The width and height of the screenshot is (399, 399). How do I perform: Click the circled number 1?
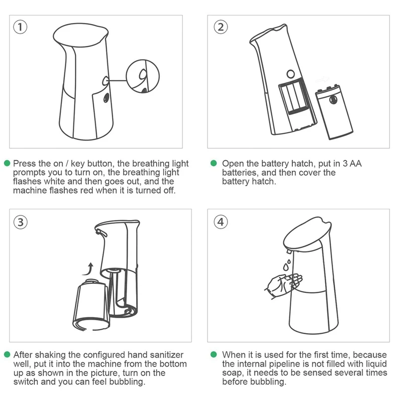(20, 27)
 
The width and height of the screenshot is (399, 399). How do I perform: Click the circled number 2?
(220, 27)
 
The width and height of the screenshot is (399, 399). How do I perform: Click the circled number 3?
(20, 222)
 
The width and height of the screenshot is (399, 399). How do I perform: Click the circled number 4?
(220, 222)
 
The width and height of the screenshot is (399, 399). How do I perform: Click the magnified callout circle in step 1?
(127, 76)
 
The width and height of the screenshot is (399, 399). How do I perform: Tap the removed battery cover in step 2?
(334, 112)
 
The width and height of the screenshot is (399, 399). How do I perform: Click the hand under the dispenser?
(282, 285)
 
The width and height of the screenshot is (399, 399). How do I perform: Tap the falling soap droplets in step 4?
(287, 265)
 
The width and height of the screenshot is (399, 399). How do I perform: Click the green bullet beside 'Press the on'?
(7, 163)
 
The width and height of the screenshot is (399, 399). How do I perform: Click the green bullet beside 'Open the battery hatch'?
(214, 163)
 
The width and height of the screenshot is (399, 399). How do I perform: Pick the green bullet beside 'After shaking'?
(7, 354)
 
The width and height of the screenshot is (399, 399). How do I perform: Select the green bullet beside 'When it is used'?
(214, 354)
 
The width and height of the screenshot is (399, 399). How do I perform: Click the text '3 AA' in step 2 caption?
(352, 164)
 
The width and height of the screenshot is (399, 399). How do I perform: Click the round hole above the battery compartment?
(291, 74)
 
